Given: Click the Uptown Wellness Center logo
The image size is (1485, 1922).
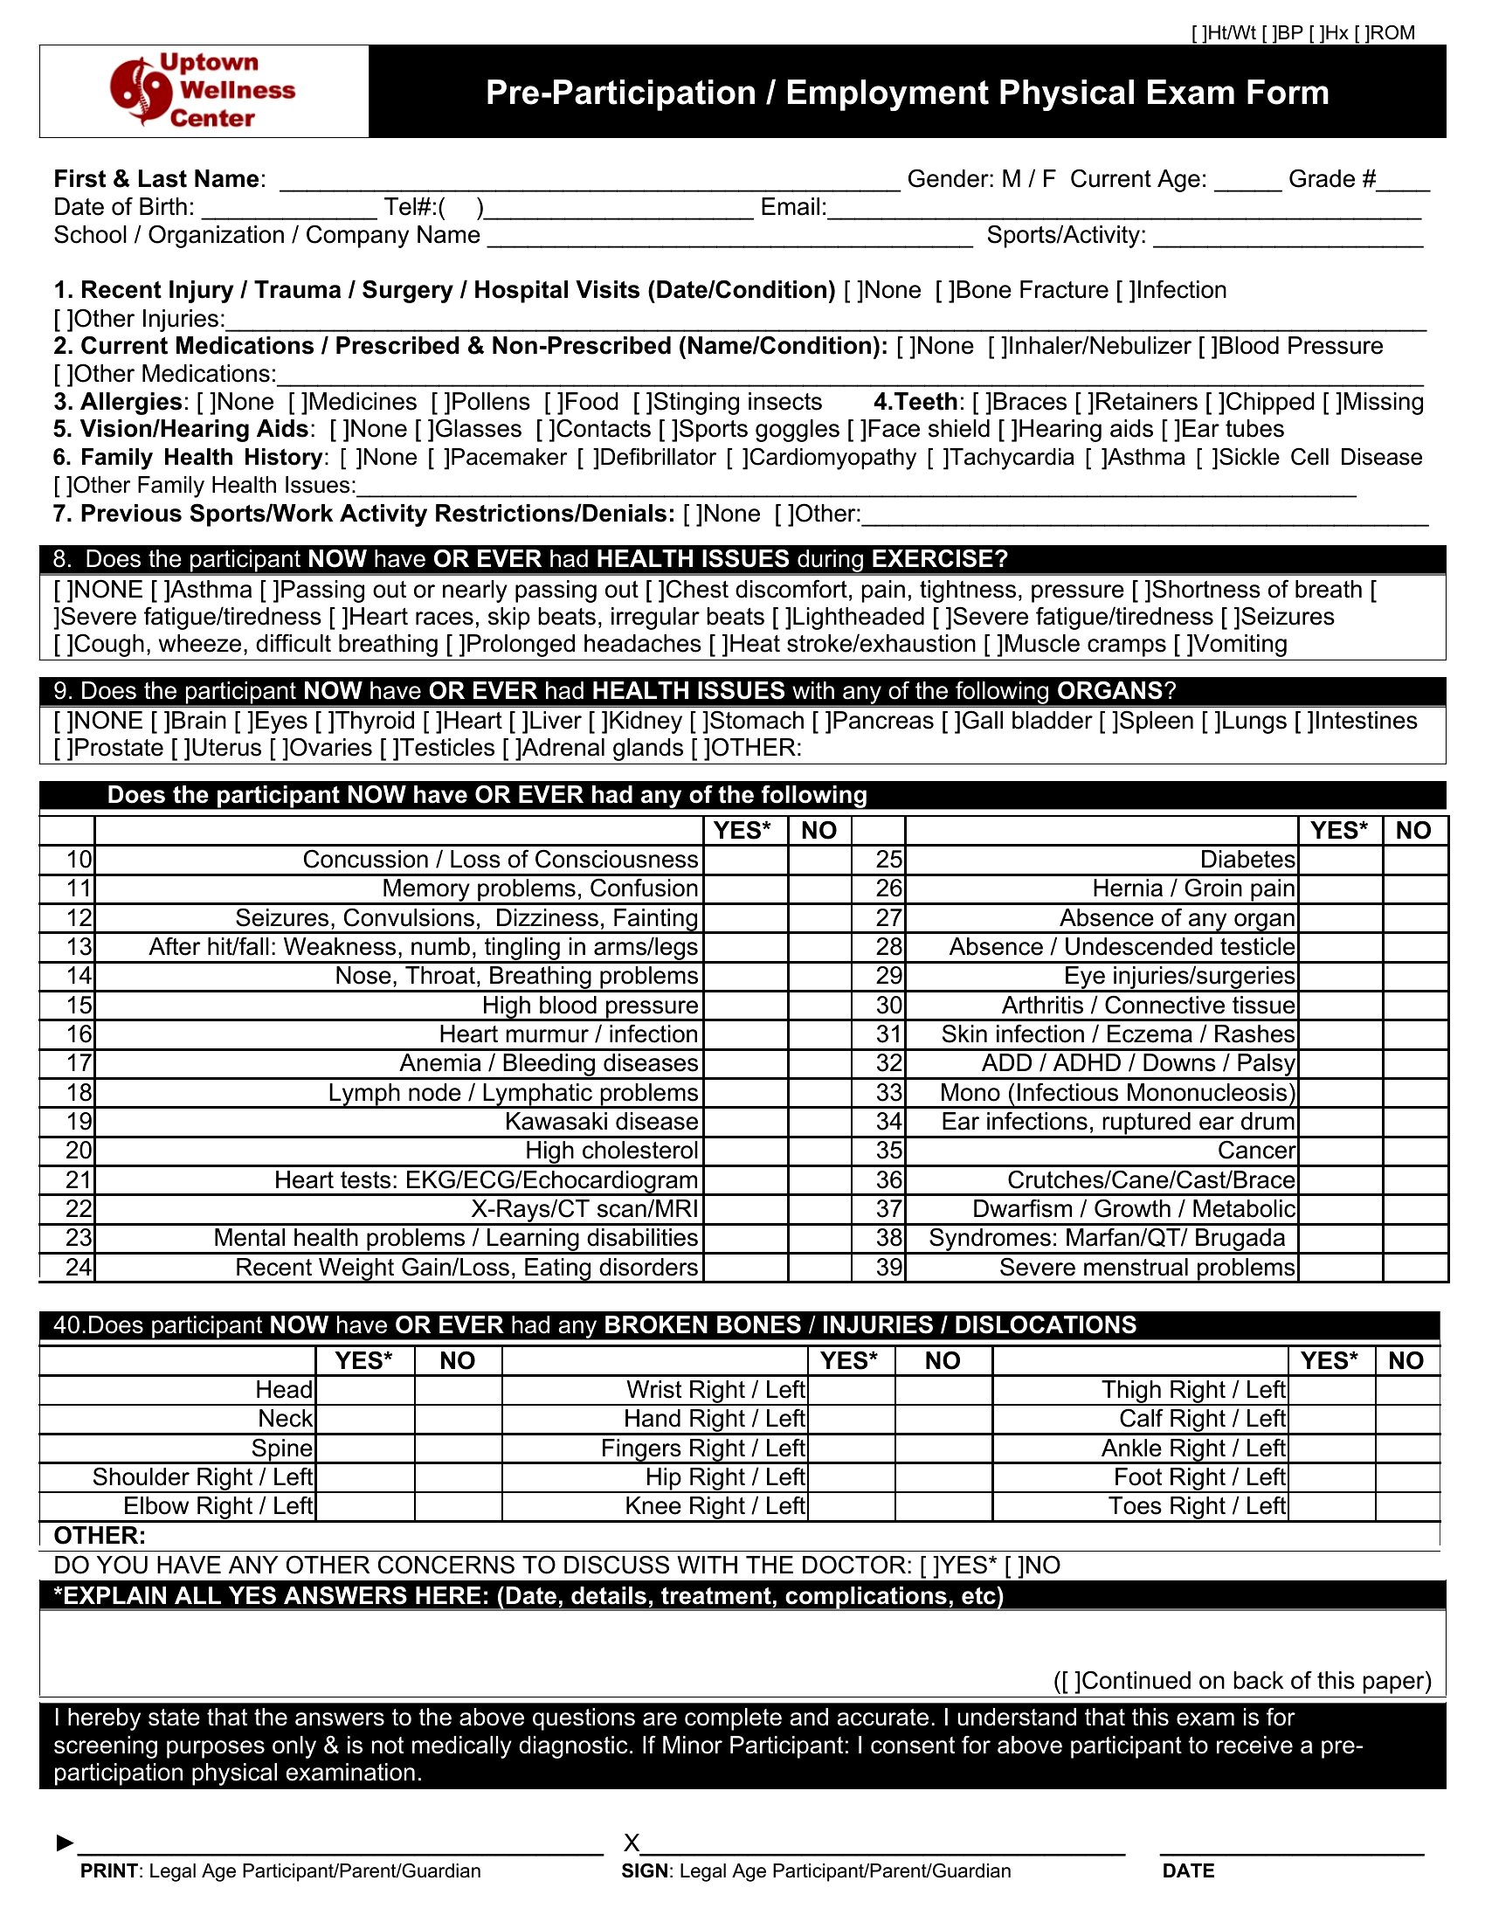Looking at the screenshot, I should [x=204, y=91].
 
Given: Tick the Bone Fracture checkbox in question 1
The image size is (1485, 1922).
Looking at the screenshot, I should [x=943, y=290].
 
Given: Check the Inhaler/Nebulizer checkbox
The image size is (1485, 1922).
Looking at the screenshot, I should [x=996, y=346].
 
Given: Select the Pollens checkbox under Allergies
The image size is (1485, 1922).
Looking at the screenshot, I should [x=439, y=402].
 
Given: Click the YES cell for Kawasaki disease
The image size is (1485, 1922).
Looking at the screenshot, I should [x=745, y=1122].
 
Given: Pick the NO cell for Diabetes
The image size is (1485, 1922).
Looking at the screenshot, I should [x=1414, y=860].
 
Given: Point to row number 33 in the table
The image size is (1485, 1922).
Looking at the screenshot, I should [x=888, y=1093].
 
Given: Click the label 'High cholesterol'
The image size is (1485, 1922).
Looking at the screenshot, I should [x=611, y=1151].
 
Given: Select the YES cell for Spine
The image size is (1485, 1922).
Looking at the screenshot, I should [x=364, y=1448].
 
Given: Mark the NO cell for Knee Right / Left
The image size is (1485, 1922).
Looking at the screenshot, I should [x=943, y=1507].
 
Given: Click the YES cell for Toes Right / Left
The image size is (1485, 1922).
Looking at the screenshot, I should [x=1330, y=1507].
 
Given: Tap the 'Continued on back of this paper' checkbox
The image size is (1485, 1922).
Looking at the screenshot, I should [x=1068, y=1681].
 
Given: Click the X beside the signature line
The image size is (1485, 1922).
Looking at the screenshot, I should [x=631, y=1842].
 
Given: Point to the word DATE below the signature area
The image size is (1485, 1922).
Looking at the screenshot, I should [x=1188, y=1871].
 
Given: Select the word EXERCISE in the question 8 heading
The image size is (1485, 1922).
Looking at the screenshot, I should [x=933, y=559].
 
